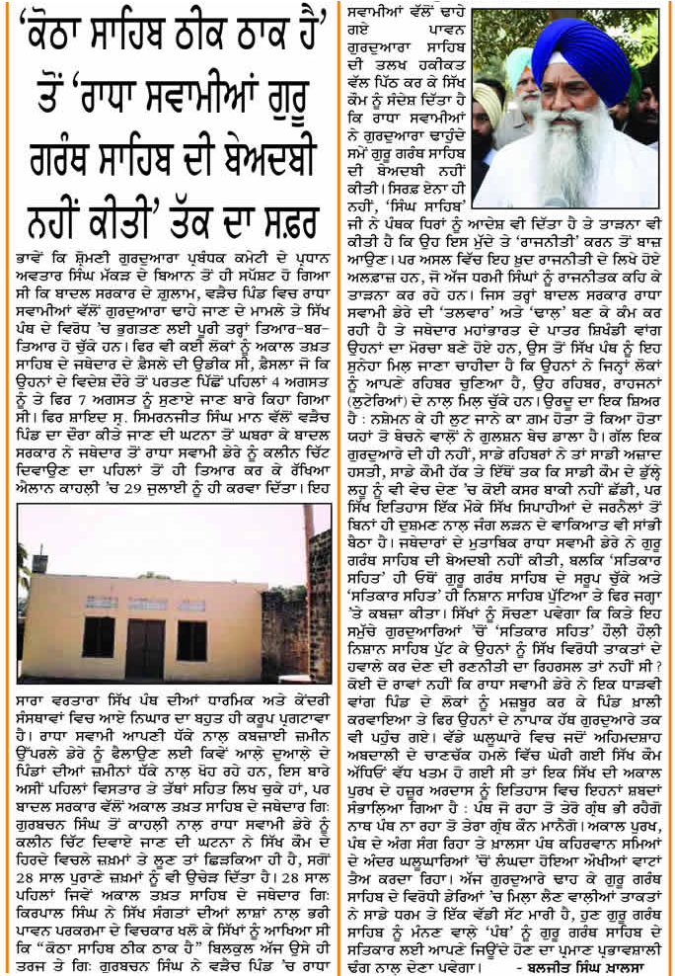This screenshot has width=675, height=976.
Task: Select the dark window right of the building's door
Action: [191, 639]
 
